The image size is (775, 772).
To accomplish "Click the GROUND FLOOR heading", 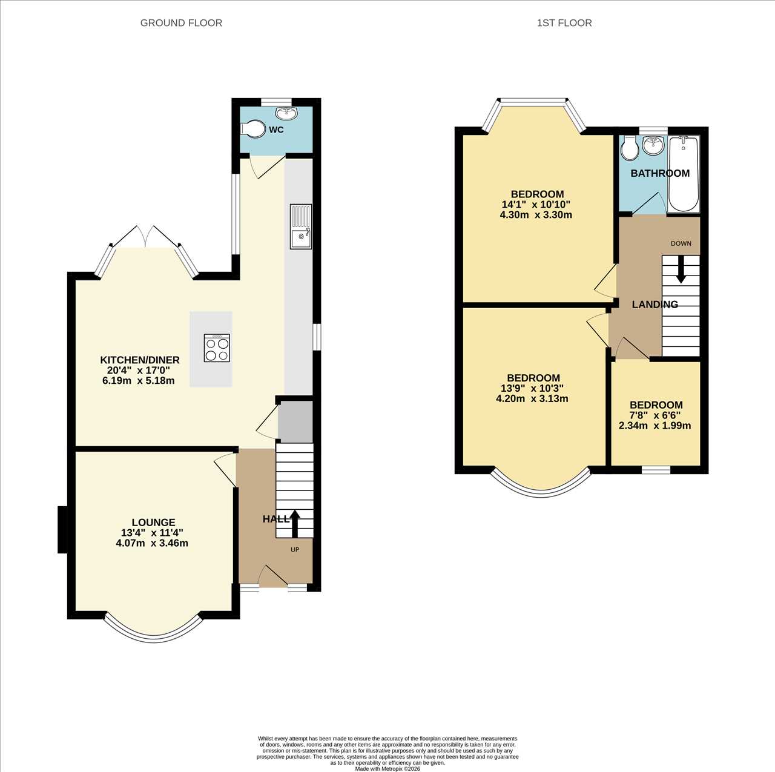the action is point(181,23).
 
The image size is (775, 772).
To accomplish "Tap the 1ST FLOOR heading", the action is point(564,23).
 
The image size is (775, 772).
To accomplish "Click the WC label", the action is point(276,130).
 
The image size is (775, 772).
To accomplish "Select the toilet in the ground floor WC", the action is point(253,129).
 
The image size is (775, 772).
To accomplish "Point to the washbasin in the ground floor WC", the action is point(286,113).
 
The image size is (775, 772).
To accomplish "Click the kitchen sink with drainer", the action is point(301,226).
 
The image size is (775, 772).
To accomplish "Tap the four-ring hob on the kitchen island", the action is point(217,348).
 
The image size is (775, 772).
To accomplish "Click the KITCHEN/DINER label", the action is point(139,360).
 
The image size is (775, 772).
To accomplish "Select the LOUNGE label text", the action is point(153,522).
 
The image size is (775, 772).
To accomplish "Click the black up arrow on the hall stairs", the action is point(295,523).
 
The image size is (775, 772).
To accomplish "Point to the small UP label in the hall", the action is point(295,550).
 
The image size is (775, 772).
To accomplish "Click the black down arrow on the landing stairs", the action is point(681,269).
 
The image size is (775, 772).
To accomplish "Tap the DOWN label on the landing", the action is point(681,243).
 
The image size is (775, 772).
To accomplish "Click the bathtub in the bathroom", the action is point(684,174).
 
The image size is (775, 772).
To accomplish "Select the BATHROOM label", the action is point(660,173).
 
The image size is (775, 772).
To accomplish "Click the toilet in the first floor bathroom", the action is point(628,148).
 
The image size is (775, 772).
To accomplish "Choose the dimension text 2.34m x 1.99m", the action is point(655,426).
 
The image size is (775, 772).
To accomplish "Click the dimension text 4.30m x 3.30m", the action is point(536,214).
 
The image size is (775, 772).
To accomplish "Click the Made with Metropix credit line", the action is point(387,768).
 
